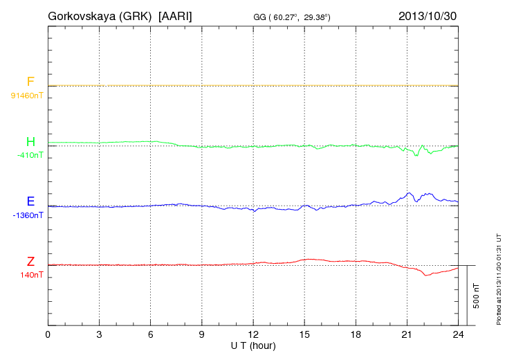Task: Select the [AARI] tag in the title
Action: point(175,15)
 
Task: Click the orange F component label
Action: point(30,82)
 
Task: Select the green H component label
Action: point(30,142)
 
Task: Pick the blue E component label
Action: point(30,201)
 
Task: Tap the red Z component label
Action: point(30,261)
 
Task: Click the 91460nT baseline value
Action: point(27,96)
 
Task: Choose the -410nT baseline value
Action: point(30,155)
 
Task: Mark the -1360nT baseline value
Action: point(28,215)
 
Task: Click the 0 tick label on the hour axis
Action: point(48,334)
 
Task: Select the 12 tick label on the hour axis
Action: point(253,334)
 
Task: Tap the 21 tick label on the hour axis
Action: point(407,334)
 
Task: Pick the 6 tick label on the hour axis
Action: point(150,334)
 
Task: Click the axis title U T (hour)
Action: point(253,345)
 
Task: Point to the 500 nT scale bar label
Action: point(477,295)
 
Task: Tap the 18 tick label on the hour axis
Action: point(356,334)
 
